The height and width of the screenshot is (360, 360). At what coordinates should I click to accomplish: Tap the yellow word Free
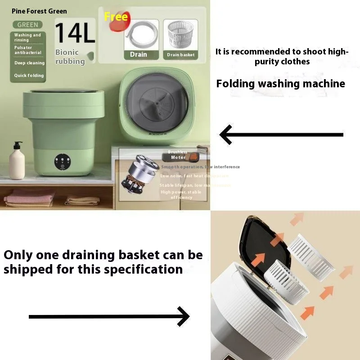click(116, 17)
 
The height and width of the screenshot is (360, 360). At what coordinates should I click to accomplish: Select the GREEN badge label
click(27, 25)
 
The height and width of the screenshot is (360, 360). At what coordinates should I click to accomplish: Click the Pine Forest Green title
click(39, 11)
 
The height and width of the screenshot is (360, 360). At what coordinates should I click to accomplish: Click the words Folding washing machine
click(280, 84)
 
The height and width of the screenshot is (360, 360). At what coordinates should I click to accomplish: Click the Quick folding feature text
click(29, 76)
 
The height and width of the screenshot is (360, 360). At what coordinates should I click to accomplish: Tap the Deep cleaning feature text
click(29, 63)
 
